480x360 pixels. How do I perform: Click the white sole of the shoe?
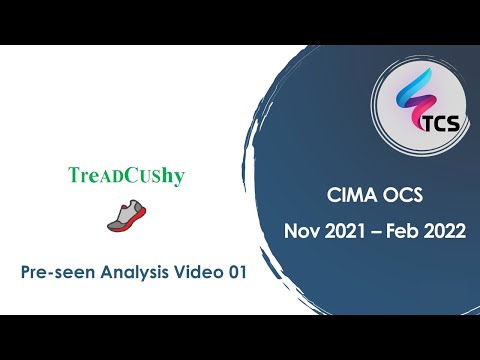(x=127, y=225)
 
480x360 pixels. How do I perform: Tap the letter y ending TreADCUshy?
(x=180, y=177)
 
